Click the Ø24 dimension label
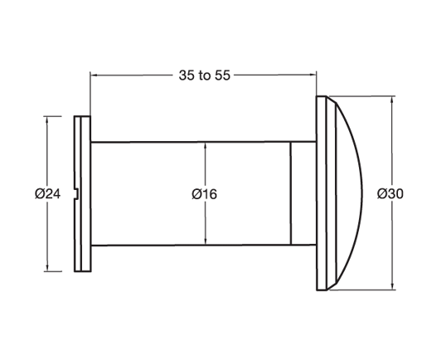(x=48, y=193)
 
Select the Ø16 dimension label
(x=204, y=193)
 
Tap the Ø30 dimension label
(x=390, y=193)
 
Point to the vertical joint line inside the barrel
(x=291, y=193)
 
